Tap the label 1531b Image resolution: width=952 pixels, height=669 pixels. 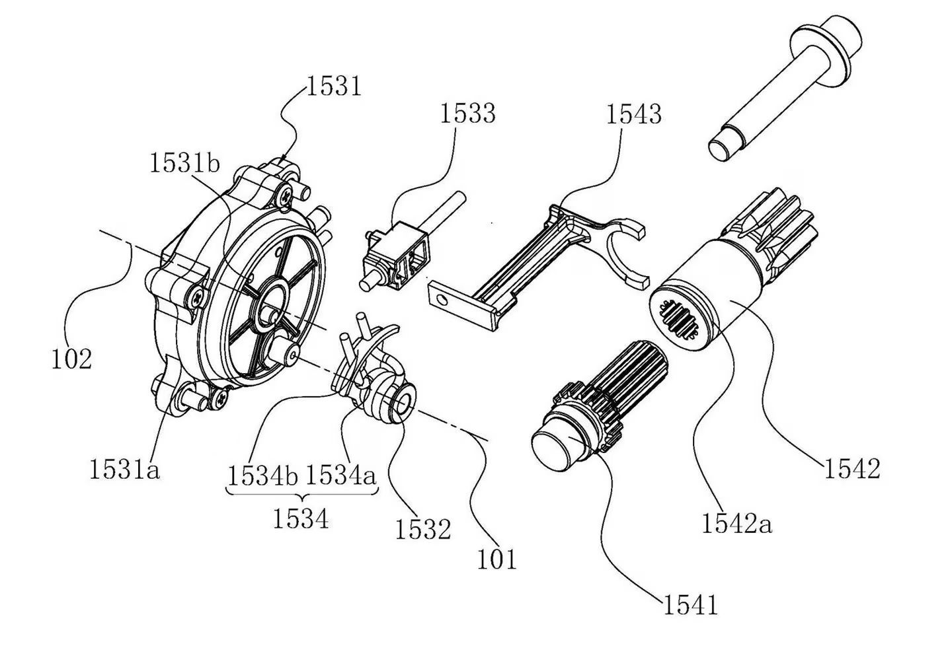point(184,162)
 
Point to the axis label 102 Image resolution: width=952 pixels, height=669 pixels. point(71,359)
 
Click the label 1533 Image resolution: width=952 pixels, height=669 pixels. point(467,114)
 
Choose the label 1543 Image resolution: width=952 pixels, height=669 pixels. point(634,114)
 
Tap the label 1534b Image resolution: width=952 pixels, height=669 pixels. point(262,475)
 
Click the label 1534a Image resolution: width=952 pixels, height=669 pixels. point(340,475)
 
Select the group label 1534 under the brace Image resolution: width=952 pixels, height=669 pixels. point(301,519)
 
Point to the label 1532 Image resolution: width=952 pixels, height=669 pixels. point(423,529)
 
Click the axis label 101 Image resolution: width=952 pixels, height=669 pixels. point(496,559)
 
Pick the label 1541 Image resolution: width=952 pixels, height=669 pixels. point(690,604)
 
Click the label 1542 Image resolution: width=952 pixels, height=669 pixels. point(852,469)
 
